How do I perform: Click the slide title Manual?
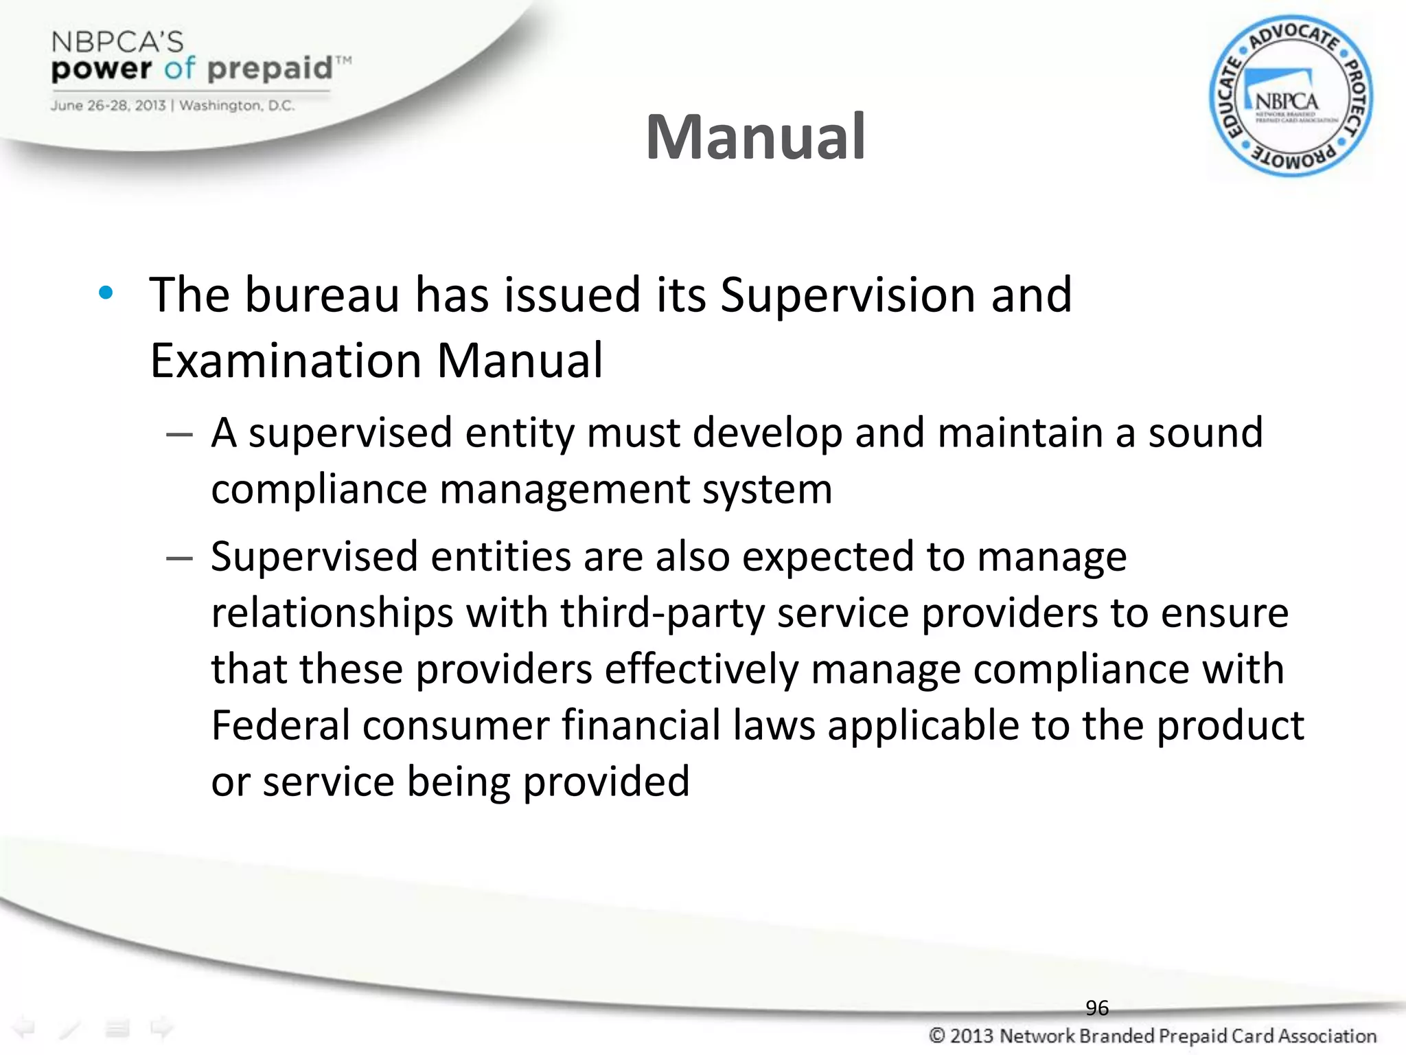pyautogui.click(x=755, y=137)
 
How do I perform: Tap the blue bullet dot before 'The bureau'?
pyautogui.click(x=106, y=294)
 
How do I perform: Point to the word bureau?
pyautogui.click(x=323, y=295)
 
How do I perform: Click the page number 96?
pyautogui.click(x=1097, y=1008)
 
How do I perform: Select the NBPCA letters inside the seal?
pyautogui.click(x=1287, y=102)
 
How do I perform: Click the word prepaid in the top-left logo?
pyautogui.click(x=270, y=69)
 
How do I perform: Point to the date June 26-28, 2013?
pyautogui.click(x=108, y=106)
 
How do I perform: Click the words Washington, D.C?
pyautogui.click(x=237, y=106)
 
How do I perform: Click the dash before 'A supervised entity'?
pyautogui.click(x=179, y=435)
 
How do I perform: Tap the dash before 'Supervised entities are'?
pyautogui.click(x=179, y=558)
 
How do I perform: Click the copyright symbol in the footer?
pyautogui.click(x=938, y=1036)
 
